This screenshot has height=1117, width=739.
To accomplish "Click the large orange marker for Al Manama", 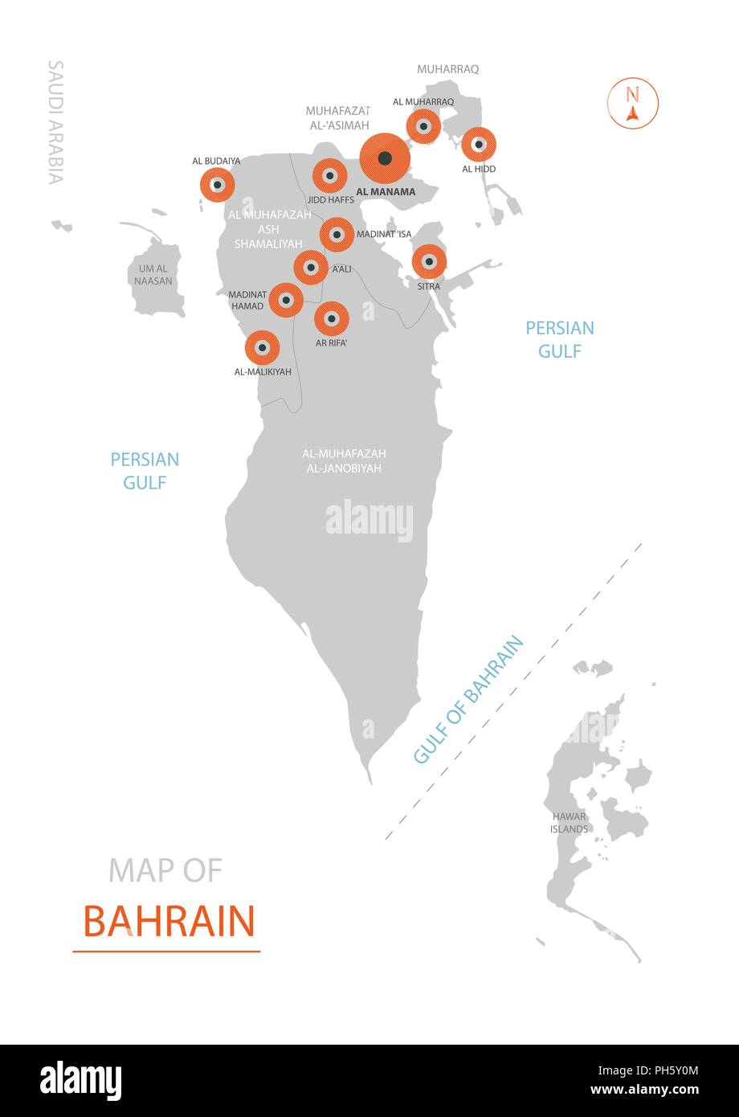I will (385, 158).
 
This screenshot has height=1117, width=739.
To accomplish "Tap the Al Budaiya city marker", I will (217, 185).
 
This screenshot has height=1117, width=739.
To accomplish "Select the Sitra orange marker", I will (429, 261).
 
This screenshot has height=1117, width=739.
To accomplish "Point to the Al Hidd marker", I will (479, 145).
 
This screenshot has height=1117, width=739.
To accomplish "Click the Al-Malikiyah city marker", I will (262, 348).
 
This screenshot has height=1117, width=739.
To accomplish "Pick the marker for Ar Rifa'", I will (331, 318).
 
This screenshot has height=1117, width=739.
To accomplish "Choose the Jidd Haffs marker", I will (329, 175).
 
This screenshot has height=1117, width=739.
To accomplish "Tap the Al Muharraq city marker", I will (423, 126).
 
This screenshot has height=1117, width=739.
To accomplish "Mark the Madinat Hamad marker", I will (285, 300).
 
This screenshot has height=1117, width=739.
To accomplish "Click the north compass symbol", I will (633, 104).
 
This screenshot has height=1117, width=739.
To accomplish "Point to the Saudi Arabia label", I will (55, 122).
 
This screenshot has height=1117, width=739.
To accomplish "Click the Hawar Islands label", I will (570, 822).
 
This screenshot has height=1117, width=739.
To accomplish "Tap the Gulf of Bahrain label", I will (468, 699).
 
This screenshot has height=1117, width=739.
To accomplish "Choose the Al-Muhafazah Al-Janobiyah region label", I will (344, 460).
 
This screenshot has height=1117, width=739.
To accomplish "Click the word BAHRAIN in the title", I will (169, 922).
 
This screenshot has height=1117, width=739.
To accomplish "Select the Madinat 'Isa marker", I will (337, 235).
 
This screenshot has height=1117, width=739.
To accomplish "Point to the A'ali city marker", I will (310, 267).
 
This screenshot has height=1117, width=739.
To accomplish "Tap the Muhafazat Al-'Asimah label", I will (337, 117).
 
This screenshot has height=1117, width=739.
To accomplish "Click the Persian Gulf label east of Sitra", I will (560, 339).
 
